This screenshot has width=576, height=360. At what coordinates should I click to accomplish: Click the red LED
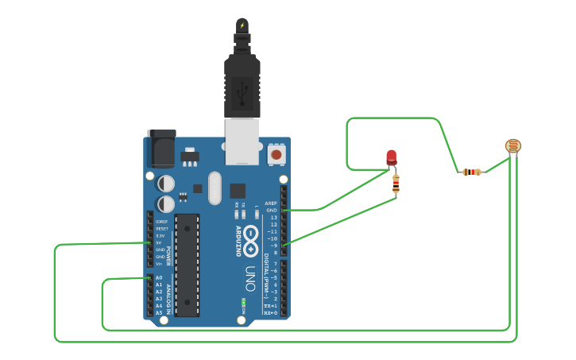[391, 157]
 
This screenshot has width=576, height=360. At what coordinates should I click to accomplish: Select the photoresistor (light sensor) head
[513, 145]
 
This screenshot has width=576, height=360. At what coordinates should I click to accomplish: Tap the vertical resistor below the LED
[396, 185]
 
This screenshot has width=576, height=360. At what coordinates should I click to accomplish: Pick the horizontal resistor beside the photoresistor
[472, 172]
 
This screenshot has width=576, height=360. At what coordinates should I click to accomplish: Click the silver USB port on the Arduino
[242, 141]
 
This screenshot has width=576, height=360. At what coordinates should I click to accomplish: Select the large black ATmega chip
[187, 264]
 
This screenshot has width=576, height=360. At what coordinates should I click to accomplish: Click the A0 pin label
[159, 277]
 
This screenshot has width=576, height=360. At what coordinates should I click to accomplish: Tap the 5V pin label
[160, 243]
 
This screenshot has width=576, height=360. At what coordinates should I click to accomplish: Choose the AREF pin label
[271, 203]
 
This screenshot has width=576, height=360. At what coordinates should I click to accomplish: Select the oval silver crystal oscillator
[215, 188]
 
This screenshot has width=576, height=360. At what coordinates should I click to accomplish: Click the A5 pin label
[159, 312]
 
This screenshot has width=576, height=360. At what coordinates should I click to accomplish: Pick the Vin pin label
[160, 264]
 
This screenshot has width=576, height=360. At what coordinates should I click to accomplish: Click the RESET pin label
[161, 229]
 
